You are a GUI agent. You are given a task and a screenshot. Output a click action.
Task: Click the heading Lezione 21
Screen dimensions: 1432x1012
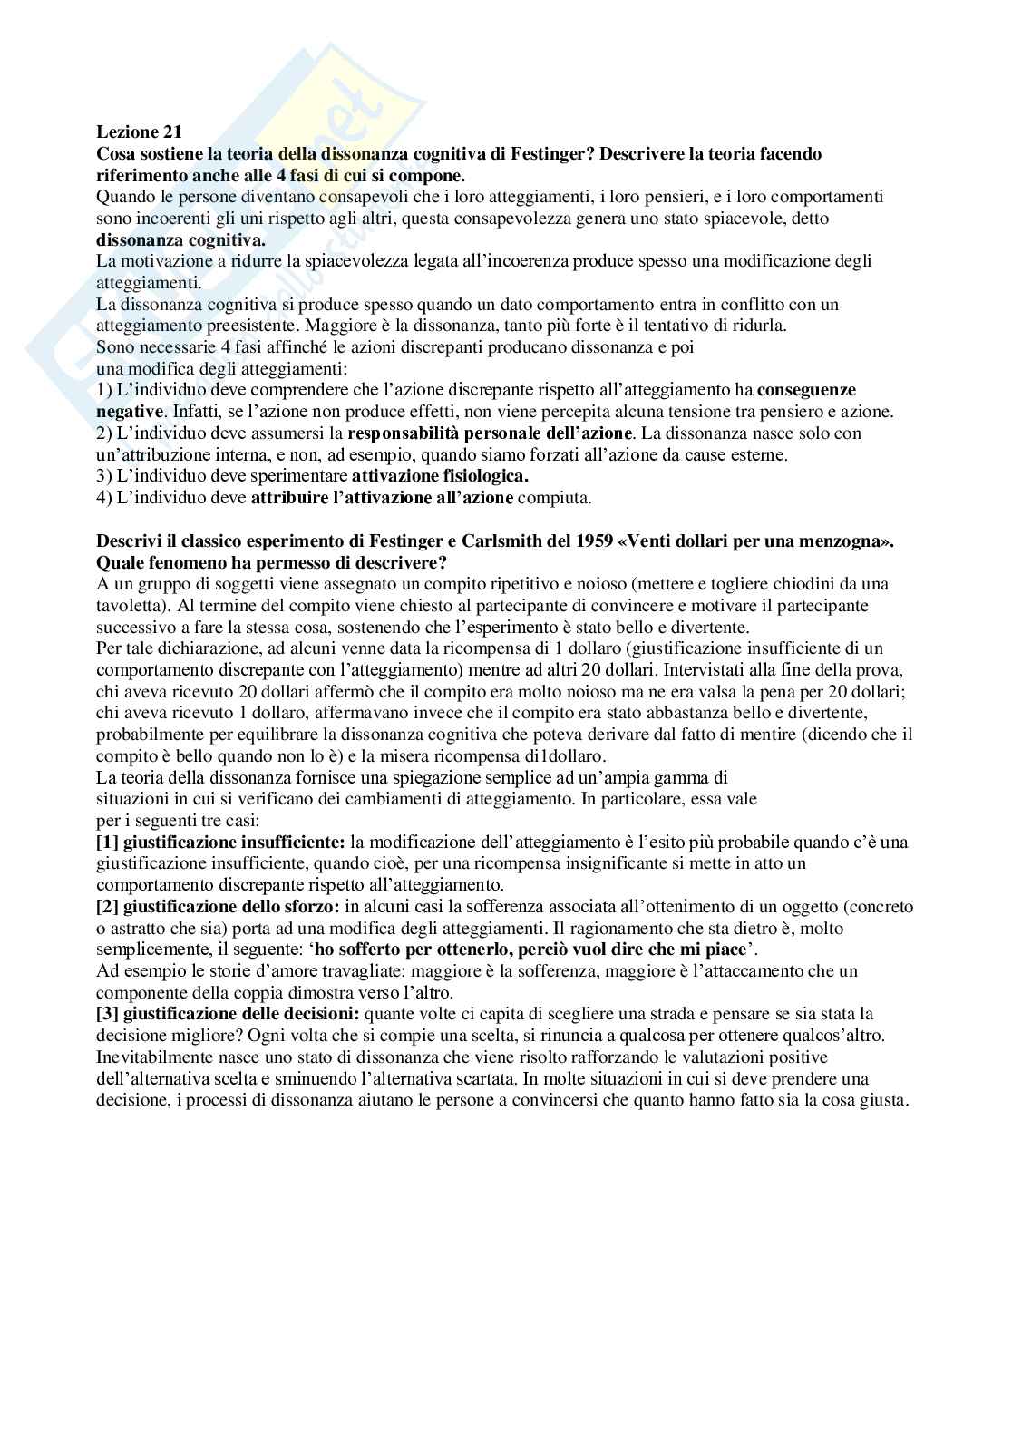[x=139, y=132]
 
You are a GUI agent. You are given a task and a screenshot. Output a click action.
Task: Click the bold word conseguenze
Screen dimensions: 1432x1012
[x=806, y=390]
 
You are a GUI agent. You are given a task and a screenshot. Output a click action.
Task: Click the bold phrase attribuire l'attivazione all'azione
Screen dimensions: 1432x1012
[x=382, y=498]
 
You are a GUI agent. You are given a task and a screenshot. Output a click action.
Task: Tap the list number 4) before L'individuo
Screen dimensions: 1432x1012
[x=104, y=498]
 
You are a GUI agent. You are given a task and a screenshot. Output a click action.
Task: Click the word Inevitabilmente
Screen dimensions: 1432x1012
[x=151, y=1057]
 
